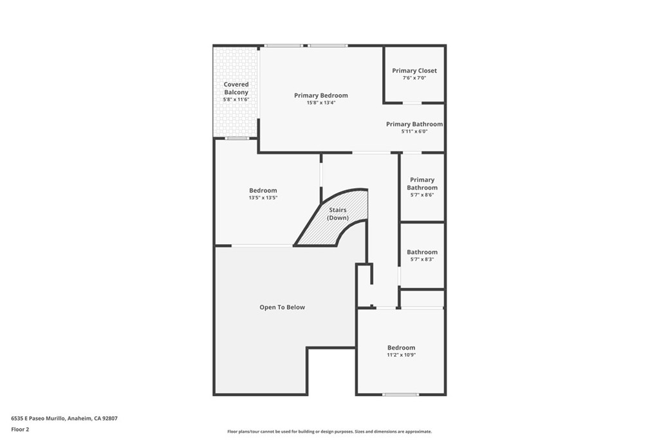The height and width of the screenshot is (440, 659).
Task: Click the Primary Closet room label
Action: tap(414, 71)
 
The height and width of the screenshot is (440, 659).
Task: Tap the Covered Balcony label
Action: tap(236, 88)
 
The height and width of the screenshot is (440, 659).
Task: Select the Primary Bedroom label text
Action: tap(321, 95)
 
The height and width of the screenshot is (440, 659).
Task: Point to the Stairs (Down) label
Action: tap(338, 214)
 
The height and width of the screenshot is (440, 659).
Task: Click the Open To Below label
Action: tap(282, 307)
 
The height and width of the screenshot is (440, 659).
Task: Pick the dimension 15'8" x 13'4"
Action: tap(321, 102)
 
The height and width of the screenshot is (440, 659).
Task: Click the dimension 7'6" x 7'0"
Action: tap(414, 78)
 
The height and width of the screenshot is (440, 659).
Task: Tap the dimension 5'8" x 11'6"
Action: tap(236, 100)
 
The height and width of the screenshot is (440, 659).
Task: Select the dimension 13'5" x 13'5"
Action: tap(263, 198)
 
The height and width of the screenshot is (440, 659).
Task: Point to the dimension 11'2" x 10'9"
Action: tap(401, 355)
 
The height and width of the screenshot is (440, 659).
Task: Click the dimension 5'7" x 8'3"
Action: tap(422, 259)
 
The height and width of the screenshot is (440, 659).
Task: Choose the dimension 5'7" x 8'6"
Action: tap(422, 195)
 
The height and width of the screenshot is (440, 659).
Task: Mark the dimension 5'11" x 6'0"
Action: tap(414, 131)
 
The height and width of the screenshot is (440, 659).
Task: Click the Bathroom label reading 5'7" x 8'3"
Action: tap(422, 252)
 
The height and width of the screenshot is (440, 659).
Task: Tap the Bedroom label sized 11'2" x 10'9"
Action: tap(401, 347)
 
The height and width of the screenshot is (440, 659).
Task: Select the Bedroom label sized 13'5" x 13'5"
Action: tap(263, 190)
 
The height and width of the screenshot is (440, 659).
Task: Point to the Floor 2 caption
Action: tap(20, 429)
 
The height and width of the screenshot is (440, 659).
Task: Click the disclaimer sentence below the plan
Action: tap(329, 432)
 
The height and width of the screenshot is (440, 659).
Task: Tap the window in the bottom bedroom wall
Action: tap(400, 394)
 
